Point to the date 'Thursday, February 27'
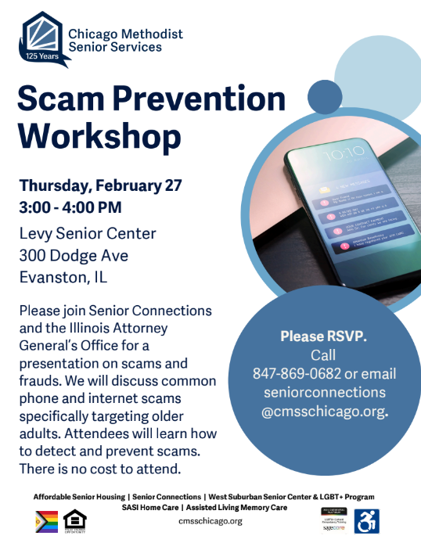click(x=101, y=185)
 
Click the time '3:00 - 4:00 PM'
click(x=70, y=208)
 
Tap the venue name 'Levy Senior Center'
click(x=88, y=233)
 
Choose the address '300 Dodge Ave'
click(x=74, y=255)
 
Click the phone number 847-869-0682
click(x=290, y=373)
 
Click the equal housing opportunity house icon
click(x=74, y=520)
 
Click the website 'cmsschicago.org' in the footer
click(x=210, y=521)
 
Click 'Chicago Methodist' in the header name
click(x=125, y=34)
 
